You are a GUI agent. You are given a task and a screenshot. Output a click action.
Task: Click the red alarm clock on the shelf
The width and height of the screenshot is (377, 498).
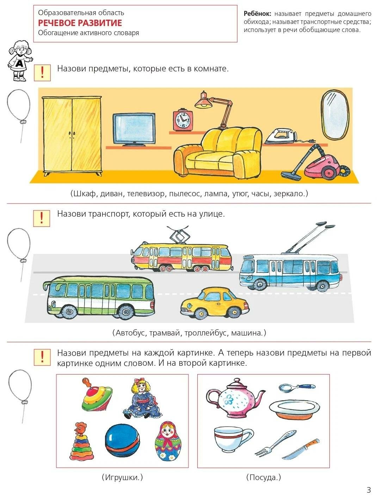click(x=182, y=120)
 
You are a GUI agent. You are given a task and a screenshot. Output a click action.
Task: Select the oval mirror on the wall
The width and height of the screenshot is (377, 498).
click(x=334, y=115)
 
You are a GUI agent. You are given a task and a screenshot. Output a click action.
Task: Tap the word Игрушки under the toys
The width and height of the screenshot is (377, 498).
click(x=122, y=477)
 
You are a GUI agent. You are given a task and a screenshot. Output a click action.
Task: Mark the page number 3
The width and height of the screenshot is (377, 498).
click(x=369, y=490)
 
